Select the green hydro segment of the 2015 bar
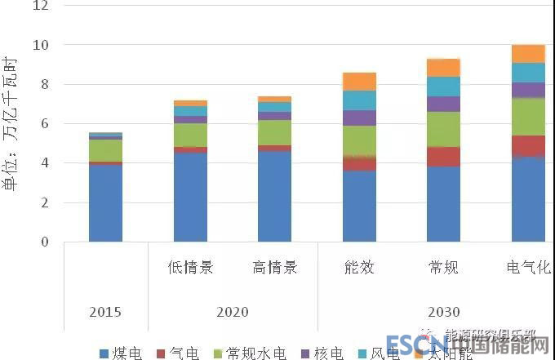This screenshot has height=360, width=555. point(105,150)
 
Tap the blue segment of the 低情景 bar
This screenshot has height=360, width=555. point(190,197)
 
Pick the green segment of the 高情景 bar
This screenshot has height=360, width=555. point(274,132)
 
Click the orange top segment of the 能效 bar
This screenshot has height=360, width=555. point(359,81)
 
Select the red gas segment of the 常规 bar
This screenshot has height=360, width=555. point(444,156)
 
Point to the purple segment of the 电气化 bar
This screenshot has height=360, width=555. point(528,90)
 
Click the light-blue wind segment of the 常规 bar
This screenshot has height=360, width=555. point(444,86)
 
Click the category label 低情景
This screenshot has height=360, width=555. point(190,268)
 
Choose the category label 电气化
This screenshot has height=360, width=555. point(528,268)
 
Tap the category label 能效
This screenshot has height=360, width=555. point(359,268)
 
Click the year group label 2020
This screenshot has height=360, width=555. point(233,312)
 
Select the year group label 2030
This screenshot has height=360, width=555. point(444,312)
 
